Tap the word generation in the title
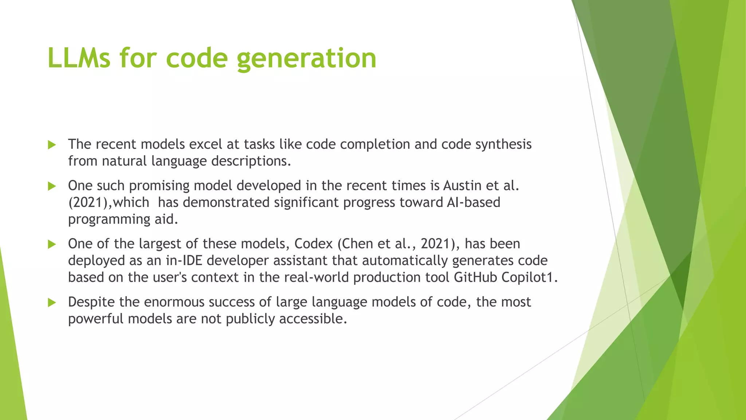tap(306, 58)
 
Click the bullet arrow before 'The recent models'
tap(52, 145)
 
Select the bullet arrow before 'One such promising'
tap(52, 186)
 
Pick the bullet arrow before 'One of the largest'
tap(52, 244)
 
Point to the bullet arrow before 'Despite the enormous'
tap(52, 302)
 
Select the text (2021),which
tap(109, 202)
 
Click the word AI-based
tap(474, 202)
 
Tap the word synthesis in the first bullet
tap(503, 145)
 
